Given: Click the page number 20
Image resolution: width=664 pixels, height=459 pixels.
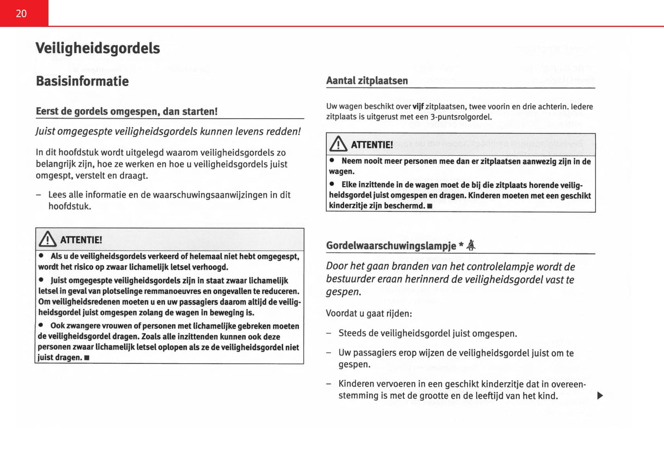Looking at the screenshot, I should tap(21, 14).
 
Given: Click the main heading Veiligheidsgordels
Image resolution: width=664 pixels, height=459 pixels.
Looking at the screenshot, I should tap(97, 48).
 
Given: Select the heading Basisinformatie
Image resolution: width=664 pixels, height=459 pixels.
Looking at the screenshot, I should tap(82, 81).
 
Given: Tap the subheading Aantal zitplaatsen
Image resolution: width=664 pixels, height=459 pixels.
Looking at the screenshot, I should tap(367, 81).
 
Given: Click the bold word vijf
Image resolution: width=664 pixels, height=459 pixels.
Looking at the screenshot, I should tap(418, 107).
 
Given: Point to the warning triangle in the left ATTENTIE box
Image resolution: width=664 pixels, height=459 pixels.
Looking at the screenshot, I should tap(48, 239).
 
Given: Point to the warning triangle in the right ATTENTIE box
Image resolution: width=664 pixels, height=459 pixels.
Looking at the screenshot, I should tap(338, 144).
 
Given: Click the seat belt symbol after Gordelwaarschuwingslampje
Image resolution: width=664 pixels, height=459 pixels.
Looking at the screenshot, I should tap(471, 246).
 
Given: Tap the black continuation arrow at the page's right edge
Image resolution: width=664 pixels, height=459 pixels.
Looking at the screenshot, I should tap(600, 396).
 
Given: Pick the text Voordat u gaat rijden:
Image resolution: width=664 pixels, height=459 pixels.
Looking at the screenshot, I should tap(369, 314).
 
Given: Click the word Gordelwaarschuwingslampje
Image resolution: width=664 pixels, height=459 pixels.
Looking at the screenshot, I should tap(391, 246).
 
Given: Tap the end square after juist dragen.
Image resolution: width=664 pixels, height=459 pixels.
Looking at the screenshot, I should tap(87, 358).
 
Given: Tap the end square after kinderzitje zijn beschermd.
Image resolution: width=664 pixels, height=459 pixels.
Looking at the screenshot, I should tap(430, 206).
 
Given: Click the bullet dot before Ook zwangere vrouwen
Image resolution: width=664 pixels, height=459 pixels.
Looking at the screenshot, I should tap(41, 325).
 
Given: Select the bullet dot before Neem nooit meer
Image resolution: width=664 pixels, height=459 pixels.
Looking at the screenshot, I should tap(332, 161).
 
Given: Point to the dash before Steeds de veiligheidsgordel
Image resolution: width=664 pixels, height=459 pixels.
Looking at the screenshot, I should tap(329, 333).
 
